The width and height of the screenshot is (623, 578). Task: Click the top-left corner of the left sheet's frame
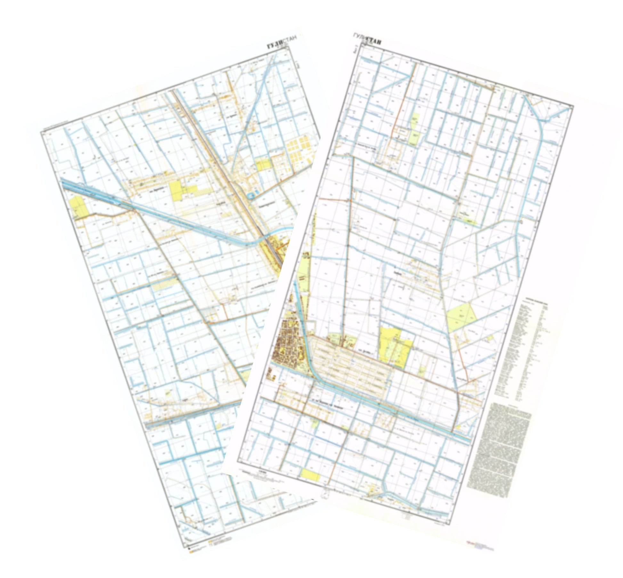coord(41,131)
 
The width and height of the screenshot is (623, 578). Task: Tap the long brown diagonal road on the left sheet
coord(189,295)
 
